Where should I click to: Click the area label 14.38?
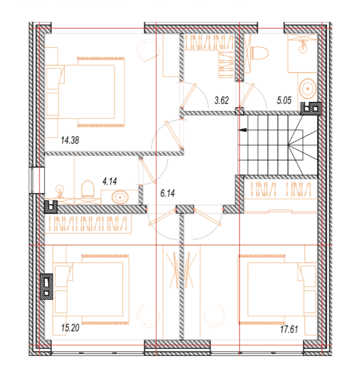click(70, 140)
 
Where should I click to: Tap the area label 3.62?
click(221, 100)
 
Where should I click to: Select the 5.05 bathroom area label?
click(284, 100)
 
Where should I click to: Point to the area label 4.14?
click(110, 181)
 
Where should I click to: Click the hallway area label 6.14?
click(167, 193)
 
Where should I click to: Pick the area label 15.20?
click(70, 328)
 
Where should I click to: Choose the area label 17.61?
click(289, 329)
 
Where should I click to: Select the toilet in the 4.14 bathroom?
click(88, 189)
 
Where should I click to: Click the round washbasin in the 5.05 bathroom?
click(308, 89)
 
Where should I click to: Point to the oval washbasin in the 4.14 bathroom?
click(120, 197)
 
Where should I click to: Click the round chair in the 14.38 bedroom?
click(148, 51)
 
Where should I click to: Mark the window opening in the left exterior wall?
click(37, 180)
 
